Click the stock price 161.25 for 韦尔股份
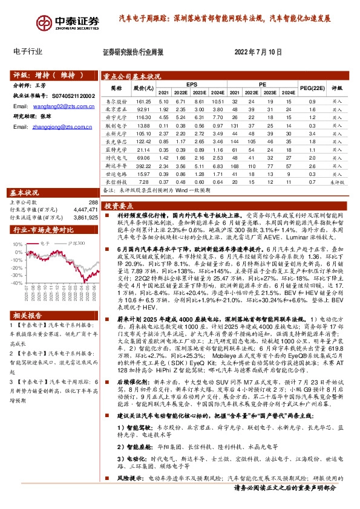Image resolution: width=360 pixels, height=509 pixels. click(x=143, y=102)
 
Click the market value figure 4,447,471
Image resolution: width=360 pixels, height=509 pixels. click(x=84, y=209)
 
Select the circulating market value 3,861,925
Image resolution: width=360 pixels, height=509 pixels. click(x=84, y=216)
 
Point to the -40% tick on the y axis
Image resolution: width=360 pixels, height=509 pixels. click(x=18, y=282)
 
